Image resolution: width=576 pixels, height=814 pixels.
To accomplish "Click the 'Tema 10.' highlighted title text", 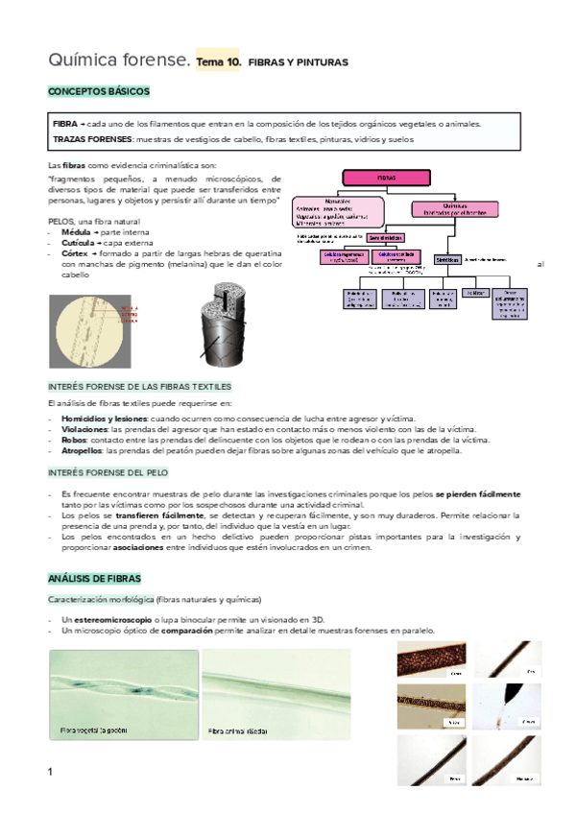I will click(x=218, y=61).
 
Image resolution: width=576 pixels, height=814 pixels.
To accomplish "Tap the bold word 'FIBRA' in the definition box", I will click(x=65, y=124).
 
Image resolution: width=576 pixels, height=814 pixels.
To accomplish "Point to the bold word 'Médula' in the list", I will click(x=75, y=232).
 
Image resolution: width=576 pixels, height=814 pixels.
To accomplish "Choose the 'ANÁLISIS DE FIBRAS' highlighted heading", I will click(x=94, y=579).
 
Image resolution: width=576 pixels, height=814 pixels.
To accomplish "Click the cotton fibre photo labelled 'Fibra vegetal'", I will click(x=122, y=698).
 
